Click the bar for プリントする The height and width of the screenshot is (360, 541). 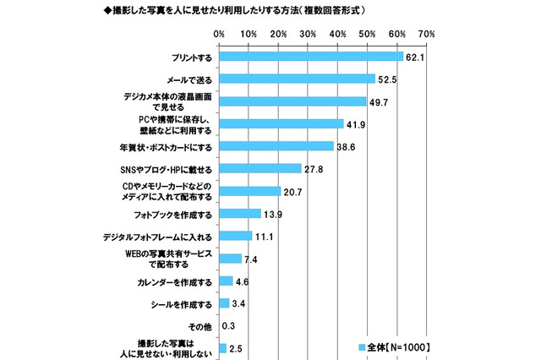(x=311, y=57)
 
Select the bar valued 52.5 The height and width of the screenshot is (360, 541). (x=297, y=79)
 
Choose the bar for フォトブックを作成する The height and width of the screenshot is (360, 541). (x=239, y=213)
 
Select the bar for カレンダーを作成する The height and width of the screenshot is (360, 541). (x=226, y=280)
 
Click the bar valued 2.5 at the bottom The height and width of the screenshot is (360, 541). (x=222, y=347)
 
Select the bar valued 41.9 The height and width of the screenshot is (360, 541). (x=281, y=123)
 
